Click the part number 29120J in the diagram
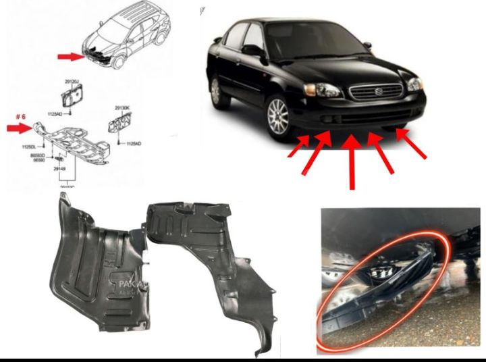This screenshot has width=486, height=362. point(72,82)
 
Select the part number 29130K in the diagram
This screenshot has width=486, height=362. point(122,108)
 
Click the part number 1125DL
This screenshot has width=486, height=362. point(28,147)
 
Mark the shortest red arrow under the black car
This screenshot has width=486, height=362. point(297,147)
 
